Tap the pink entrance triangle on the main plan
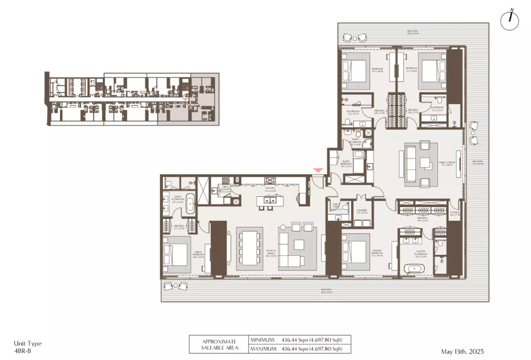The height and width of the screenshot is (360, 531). tap(318, 170)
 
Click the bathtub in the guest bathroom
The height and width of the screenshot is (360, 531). tap(190, 204)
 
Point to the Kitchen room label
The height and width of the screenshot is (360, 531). tap(270, 189)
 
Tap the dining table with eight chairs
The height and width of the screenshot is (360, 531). tap(249, 248)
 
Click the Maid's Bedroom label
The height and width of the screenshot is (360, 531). tap(347, 164)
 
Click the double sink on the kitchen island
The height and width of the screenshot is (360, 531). tap(269, 200)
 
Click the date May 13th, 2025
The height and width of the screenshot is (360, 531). tap(462, 351)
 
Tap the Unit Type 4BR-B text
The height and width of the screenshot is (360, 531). tap(28, 347)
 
